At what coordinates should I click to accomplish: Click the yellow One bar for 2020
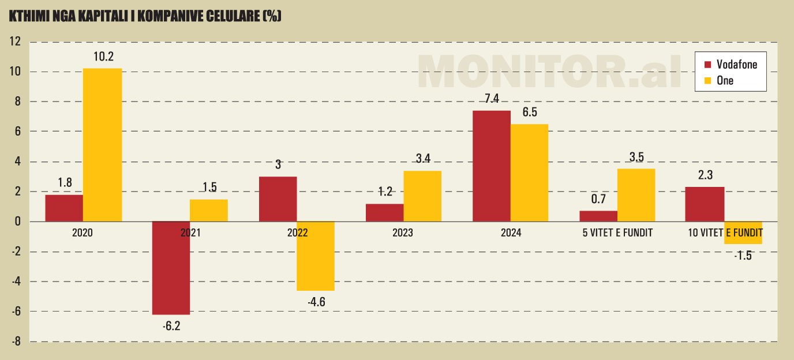click(102, 145)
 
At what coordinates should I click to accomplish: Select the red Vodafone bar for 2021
click(171, 268)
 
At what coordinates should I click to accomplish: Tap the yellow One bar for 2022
click(316, 256)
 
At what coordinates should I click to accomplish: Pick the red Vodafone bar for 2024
click(492, 166)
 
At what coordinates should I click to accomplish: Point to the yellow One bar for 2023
click(422, 196)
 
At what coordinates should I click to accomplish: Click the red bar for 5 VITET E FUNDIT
click(598, 216)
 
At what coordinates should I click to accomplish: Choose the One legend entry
click(725, 81)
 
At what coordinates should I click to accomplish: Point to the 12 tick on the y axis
click(15, 42)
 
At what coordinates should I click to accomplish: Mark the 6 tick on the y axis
click(18, 132)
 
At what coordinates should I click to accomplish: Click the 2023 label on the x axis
click(403, 234)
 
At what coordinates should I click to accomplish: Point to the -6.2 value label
click(171, 326)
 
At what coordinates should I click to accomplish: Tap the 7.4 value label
click(492, 99)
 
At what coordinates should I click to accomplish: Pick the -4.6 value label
click(316, 302)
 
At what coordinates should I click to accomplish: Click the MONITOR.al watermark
click(551, 72)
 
